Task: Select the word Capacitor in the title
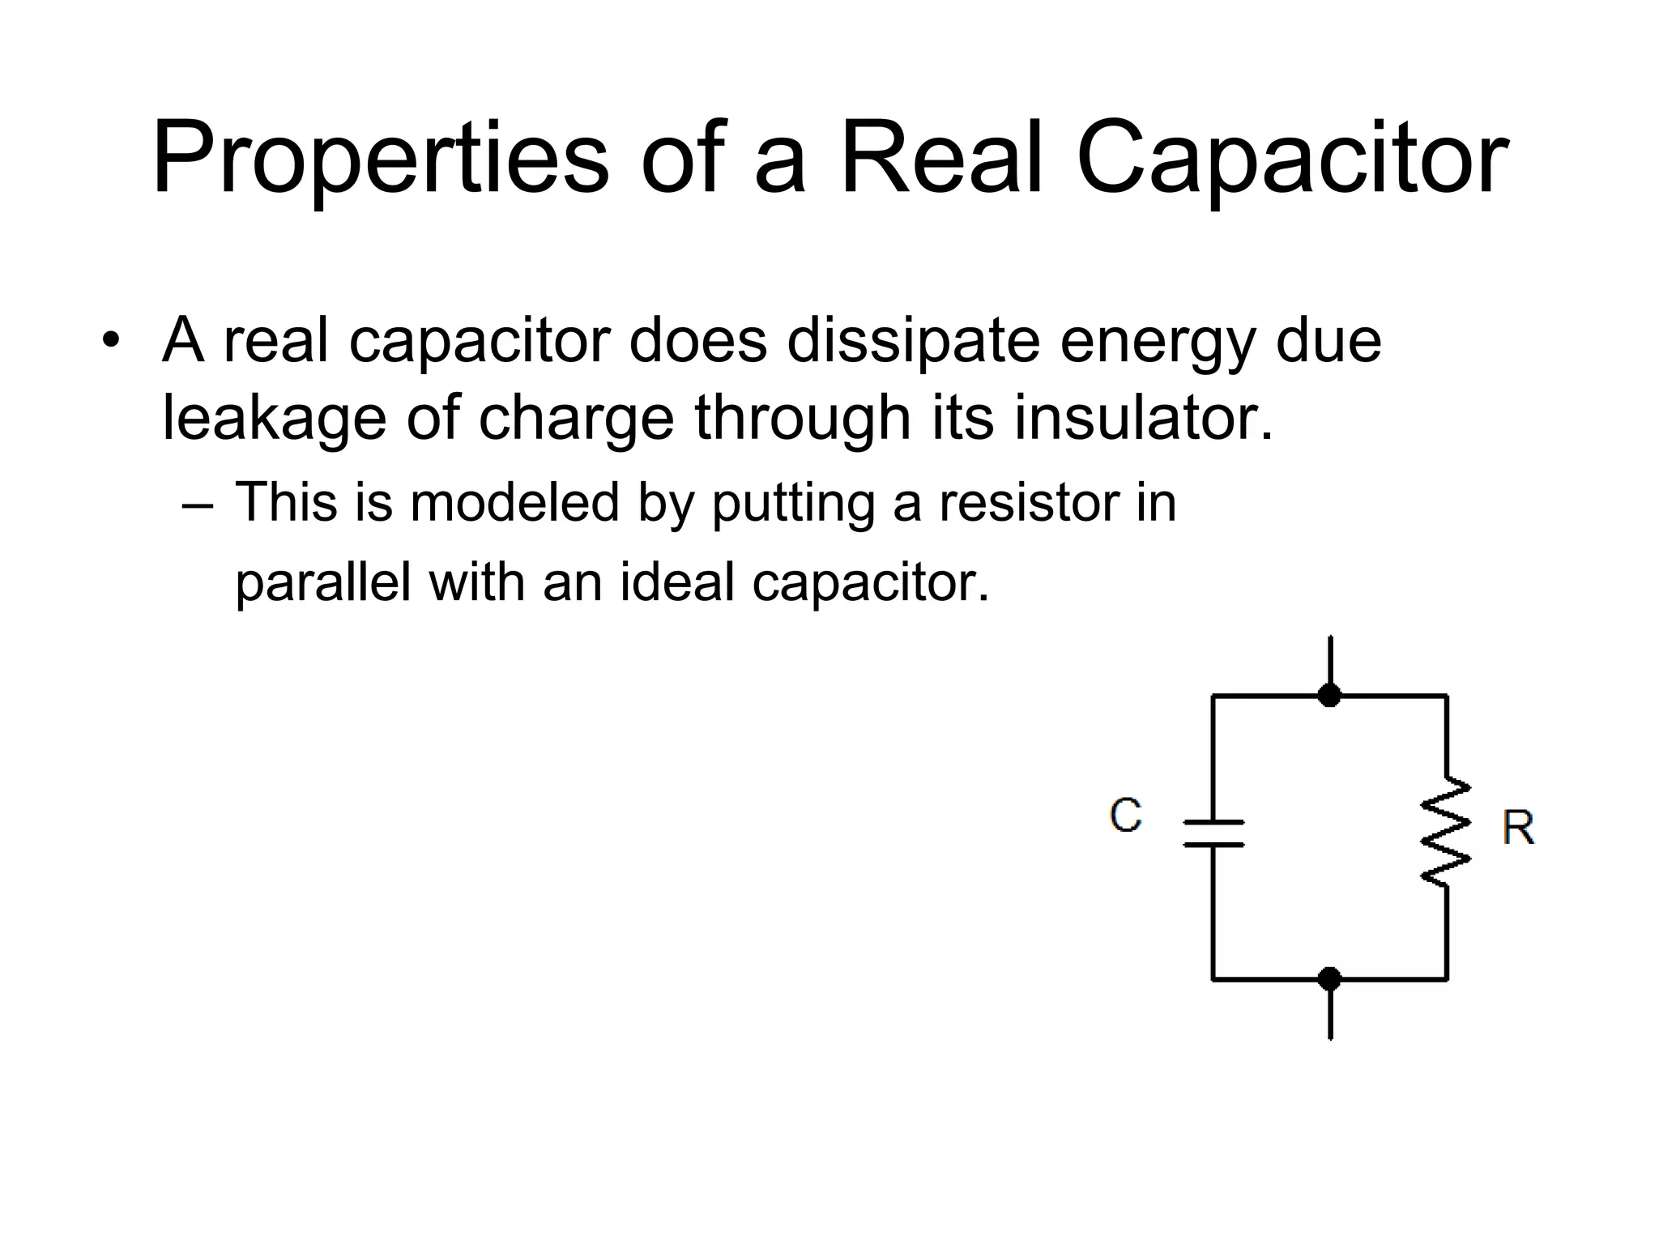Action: coord(1291,159)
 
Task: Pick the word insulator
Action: coord(1143,418)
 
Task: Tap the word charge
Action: coord(576,420)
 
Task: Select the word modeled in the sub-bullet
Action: coord(514,502)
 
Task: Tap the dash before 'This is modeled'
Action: coord(198,507)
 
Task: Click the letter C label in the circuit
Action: coord(1125,815)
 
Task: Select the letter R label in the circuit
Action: coord(1517,828)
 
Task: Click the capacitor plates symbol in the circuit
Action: coord(1213,833)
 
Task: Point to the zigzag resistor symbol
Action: coord(1446,833)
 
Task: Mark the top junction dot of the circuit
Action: coord(1329,695)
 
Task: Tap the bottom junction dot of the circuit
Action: coord(1329,979)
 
